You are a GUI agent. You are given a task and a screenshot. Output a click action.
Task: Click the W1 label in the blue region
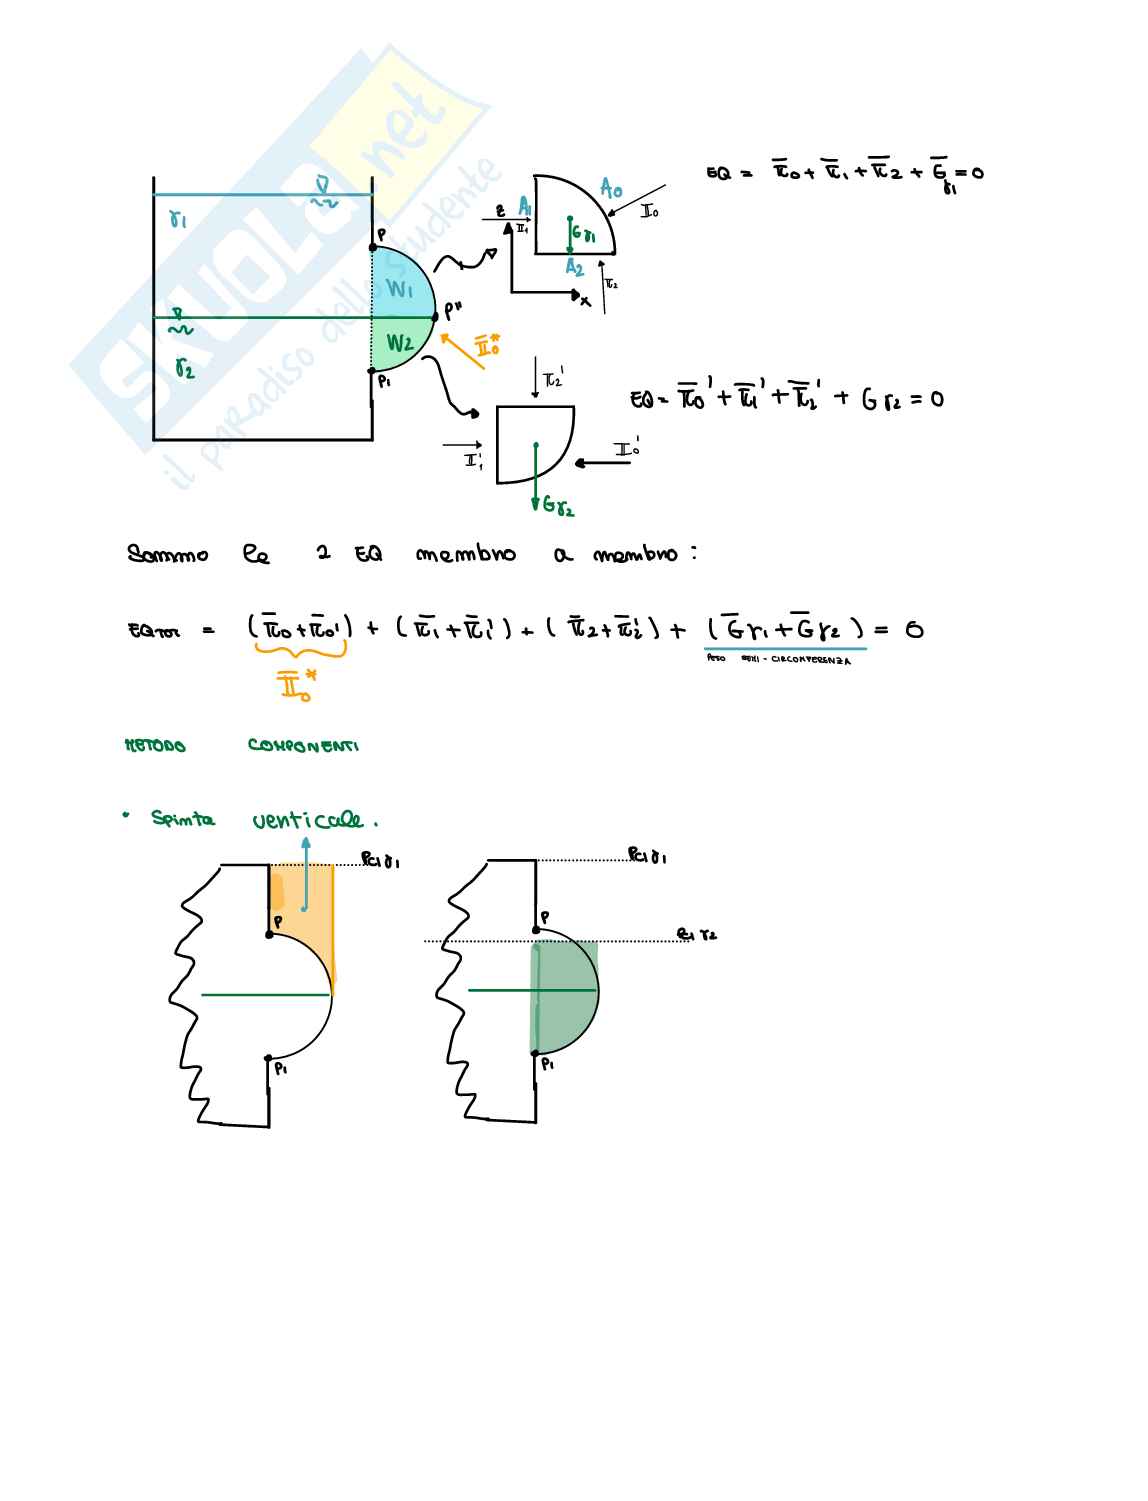pyautogui.click(x=400, y=290)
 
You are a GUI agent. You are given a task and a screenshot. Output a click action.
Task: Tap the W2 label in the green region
pyautogui.click(x=400, y=344)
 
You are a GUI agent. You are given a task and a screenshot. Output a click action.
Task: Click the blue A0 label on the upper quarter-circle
pyautogui.click(x=611, y=187)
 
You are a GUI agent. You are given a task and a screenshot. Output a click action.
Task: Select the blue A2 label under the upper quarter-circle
pyautogui.click(x=573, y=267)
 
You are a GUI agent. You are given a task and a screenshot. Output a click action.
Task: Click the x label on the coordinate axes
pyautogui.click(x=586, y=300)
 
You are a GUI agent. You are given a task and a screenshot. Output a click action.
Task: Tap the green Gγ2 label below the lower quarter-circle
pyautogui.click(x=556, y=507)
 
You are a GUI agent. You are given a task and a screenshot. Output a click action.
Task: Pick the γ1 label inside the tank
pyautogui.click(x=178, y=218)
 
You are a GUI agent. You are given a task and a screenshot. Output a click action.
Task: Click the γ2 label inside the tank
pyautogui.click(x=184, y=370)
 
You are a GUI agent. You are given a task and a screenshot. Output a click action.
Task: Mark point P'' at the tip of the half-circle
pyautogui.click(x=436, y=317)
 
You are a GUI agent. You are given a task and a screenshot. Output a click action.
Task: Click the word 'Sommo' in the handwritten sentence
pyautogui.click(x=167, y=553)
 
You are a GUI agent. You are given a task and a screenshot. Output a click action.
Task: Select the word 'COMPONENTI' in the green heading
pyautogui.click(x=303, y=746)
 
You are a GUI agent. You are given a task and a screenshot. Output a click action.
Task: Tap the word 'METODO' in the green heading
pyautogui.click(x=154, y=746)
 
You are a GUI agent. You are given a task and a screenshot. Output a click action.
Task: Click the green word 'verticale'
pyautogui.click(x=313, y=820)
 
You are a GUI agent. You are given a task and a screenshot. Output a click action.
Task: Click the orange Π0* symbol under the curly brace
pyautogui.click(x=297, y=685)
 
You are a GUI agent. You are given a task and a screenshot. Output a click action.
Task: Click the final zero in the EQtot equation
pyautogui.click(x=913, y=630)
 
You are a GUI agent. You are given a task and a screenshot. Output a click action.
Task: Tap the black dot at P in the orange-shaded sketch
pyautogui.click(x=269, y=934)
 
